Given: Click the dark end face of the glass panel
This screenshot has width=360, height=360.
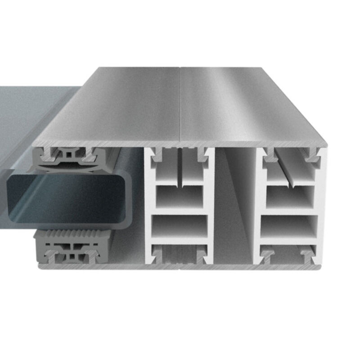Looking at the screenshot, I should (x=67, y=198).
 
